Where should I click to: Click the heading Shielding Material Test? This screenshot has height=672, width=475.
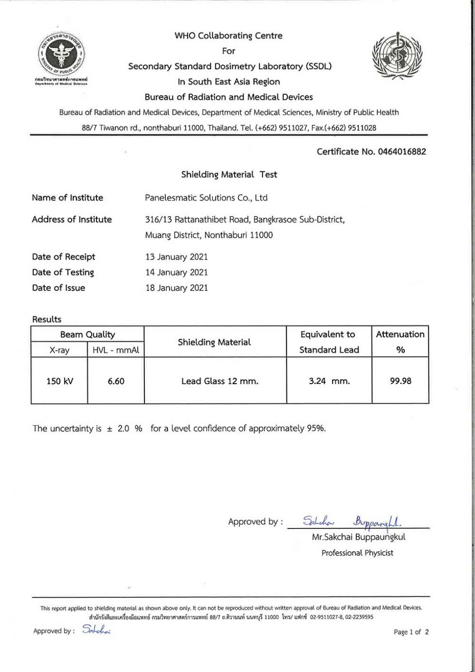pyautogui.click(x=229, y=175)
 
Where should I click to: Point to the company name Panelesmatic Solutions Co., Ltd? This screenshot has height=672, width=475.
pyautogui.click(x=206, y=198)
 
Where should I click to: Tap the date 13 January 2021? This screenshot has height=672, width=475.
pyautogui.click(x=176, y=257)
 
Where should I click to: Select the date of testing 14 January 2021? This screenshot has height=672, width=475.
pyautogui.click(x=176, y=272)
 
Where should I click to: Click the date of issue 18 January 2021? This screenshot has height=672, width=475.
pyautogui.click(x=176, y=288)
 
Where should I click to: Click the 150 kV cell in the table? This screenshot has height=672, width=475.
pyautogui.click(x=60, y=381)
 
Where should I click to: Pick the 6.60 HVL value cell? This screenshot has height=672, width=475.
pyautogui.click(x=116, y=381)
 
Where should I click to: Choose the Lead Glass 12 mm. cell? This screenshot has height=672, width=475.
pyautogui.click(x=220, y=381)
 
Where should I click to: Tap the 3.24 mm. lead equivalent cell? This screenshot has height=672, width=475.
pyautogui.click(x=329, y=381)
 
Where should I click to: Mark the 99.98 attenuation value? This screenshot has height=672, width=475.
pyautogui.click(x=400, y=381)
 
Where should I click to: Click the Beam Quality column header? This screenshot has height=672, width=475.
pyautogui.click(x=87, y=335)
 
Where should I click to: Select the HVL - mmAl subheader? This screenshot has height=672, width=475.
pyautogui.click(x=116, y=350)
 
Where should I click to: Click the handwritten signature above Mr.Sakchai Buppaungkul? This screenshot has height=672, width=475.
pyautogui.click(x=354, y=522)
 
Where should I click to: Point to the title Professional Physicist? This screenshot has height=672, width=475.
pyautogui.click(x=357, y=553)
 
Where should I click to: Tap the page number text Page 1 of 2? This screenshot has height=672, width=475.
pyautogui.click(x=411, y=632)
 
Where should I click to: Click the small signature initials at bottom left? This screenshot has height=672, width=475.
pyautogui.click(x=96, y=630)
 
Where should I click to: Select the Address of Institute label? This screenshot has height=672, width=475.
pyautogui.click(x=72, y=220)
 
